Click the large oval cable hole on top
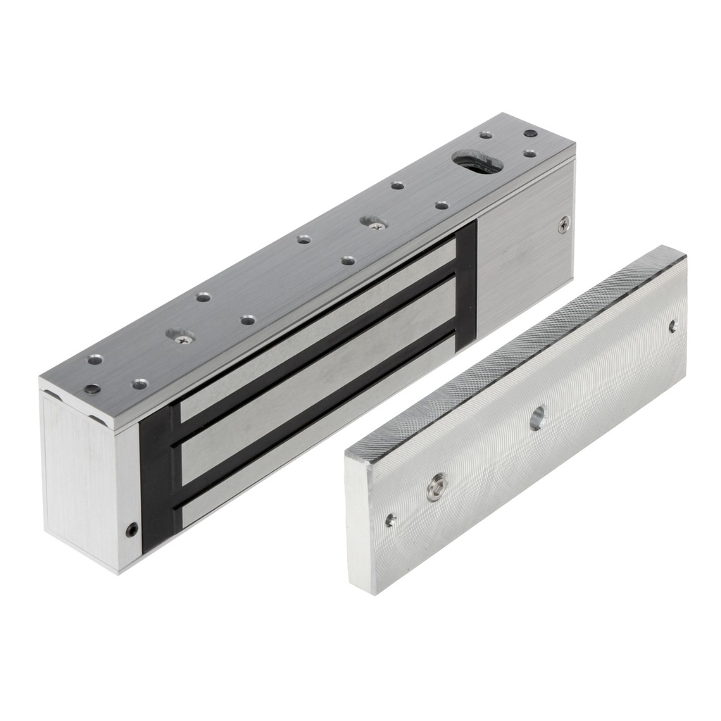click(477, 161)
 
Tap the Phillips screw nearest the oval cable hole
click(374, 223)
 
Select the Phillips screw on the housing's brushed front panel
click(563, 225)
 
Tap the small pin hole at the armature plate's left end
click(391, 520)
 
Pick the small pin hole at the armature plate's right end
click(672, 326)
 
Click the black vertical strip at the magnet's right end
click(466, 285)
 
